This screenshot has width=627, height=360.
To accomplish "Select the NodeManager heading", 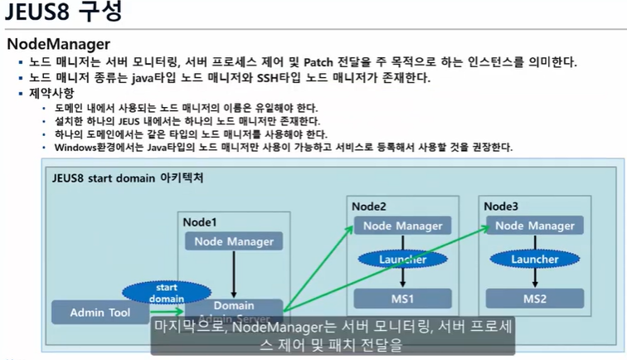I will click(58, 44).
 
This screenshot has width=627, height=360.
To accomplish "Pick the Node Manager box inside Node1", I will click(234, 241).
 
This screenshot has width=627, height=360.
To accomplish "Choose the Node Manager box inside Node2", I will click(402, 226).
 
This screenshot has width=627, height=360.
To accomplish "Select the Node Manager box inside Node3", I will click(534, 226).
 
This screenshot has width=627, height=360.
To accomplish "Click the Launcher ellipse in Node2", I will click(402, 260).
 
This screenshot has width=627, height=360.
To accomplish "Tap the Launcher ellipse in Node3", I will click(534, 260).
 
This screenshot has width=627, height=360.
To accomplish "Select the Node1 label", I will click(199, 221).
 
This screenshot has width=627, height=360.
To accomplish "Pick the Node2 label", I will click(369, 206).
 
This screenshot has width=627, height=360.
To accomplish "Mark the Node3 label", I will click(501, 206).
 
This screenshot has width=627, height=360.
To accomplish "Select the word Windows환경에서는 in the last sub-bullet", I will click(93, 148).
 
